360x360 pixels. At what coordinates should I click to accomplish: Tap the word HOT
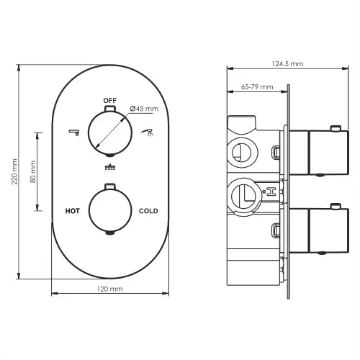pos(72,211)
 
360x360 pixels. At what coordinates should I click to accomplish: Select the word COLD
pos(148,211)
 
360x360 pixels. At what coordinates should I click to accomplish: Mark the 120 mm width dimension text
pos(109,288)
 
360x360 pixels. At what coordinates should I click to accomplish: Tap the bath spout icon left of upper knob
pos(73,132)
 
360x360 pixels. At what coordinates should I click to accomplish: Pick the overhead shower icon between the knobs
pos(109,168)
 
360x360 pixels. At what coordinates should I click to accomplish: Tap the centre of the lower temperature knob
pos(109,210)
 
